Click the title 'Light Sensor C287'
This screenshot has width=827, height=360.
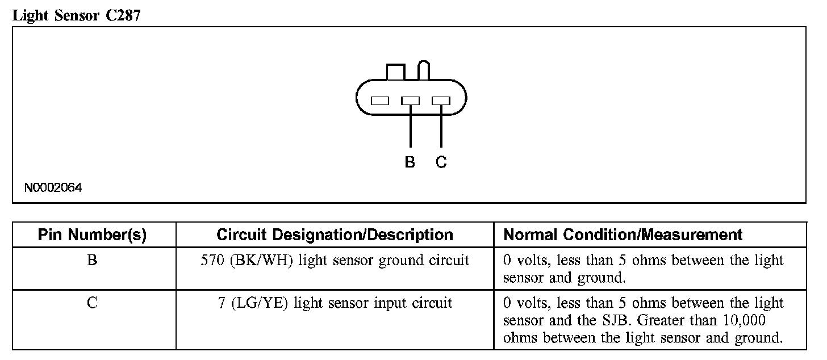(x=77, y=15)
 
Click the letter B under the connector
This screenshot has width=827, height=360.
(x=410, y=162)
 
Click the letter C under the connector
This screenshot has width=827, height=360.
(x=441, y=162)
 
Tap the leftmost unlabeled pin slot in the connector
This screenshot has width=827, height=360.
(x=379, y=101)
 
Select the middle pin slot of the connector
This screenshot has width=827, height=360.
(x=410, y=101)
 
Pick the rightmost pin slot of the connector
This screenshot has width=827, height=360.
(x=441, y=101)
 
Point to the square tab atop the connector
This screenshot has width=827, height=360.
(x=396, y=72)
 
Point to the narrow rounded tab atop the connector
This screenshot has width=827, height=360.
(x=424, y=71)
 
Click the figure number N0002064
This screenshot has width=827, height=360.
(x=53, y=187)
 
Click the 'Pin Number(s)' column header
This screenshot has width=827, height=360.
(x=93, y=235)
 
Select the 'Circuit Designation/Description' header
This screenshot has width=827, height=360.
(x=335, y=235)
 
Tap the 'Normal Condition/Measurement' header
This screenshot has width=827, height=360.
(x=623, y=235)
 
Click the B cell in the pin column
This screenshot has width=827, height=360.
(x=93, y=261)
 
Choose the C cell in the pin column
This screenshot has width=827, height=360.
(x=93, y=303)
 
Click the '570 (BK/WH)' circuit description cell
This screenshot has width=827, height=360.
(x=335, y=261)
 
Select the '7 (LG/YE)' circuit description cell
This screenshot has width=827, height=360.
(x=335, y=303)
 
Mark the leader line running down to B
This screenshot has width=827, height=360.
(x=410, y=128)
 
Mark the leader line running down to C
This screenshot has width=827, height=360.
(x=441, y=128)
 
